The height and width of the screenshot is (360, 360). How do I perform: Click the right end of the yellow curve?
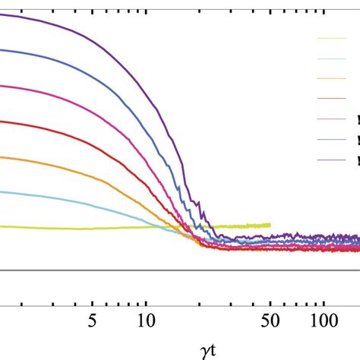click(x=270, y=224)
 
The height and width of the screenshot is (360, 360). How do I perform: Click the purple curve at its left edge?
click(x=2, y=14)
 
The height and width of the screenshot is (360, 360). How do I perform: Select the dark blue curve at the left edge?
click(x=2, y=50)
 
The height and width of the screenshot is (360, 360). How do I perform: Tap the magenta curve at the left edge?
click(x=2, y=86)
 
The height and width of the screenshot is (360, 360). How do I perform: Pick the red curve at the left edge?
click(x=2, y=121)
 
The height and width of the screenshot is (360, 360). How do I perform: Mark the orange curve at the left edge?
click(x=2, y=156)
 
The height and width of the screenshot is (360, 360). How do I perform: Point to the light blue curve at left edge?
click(x=2, y=191)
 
